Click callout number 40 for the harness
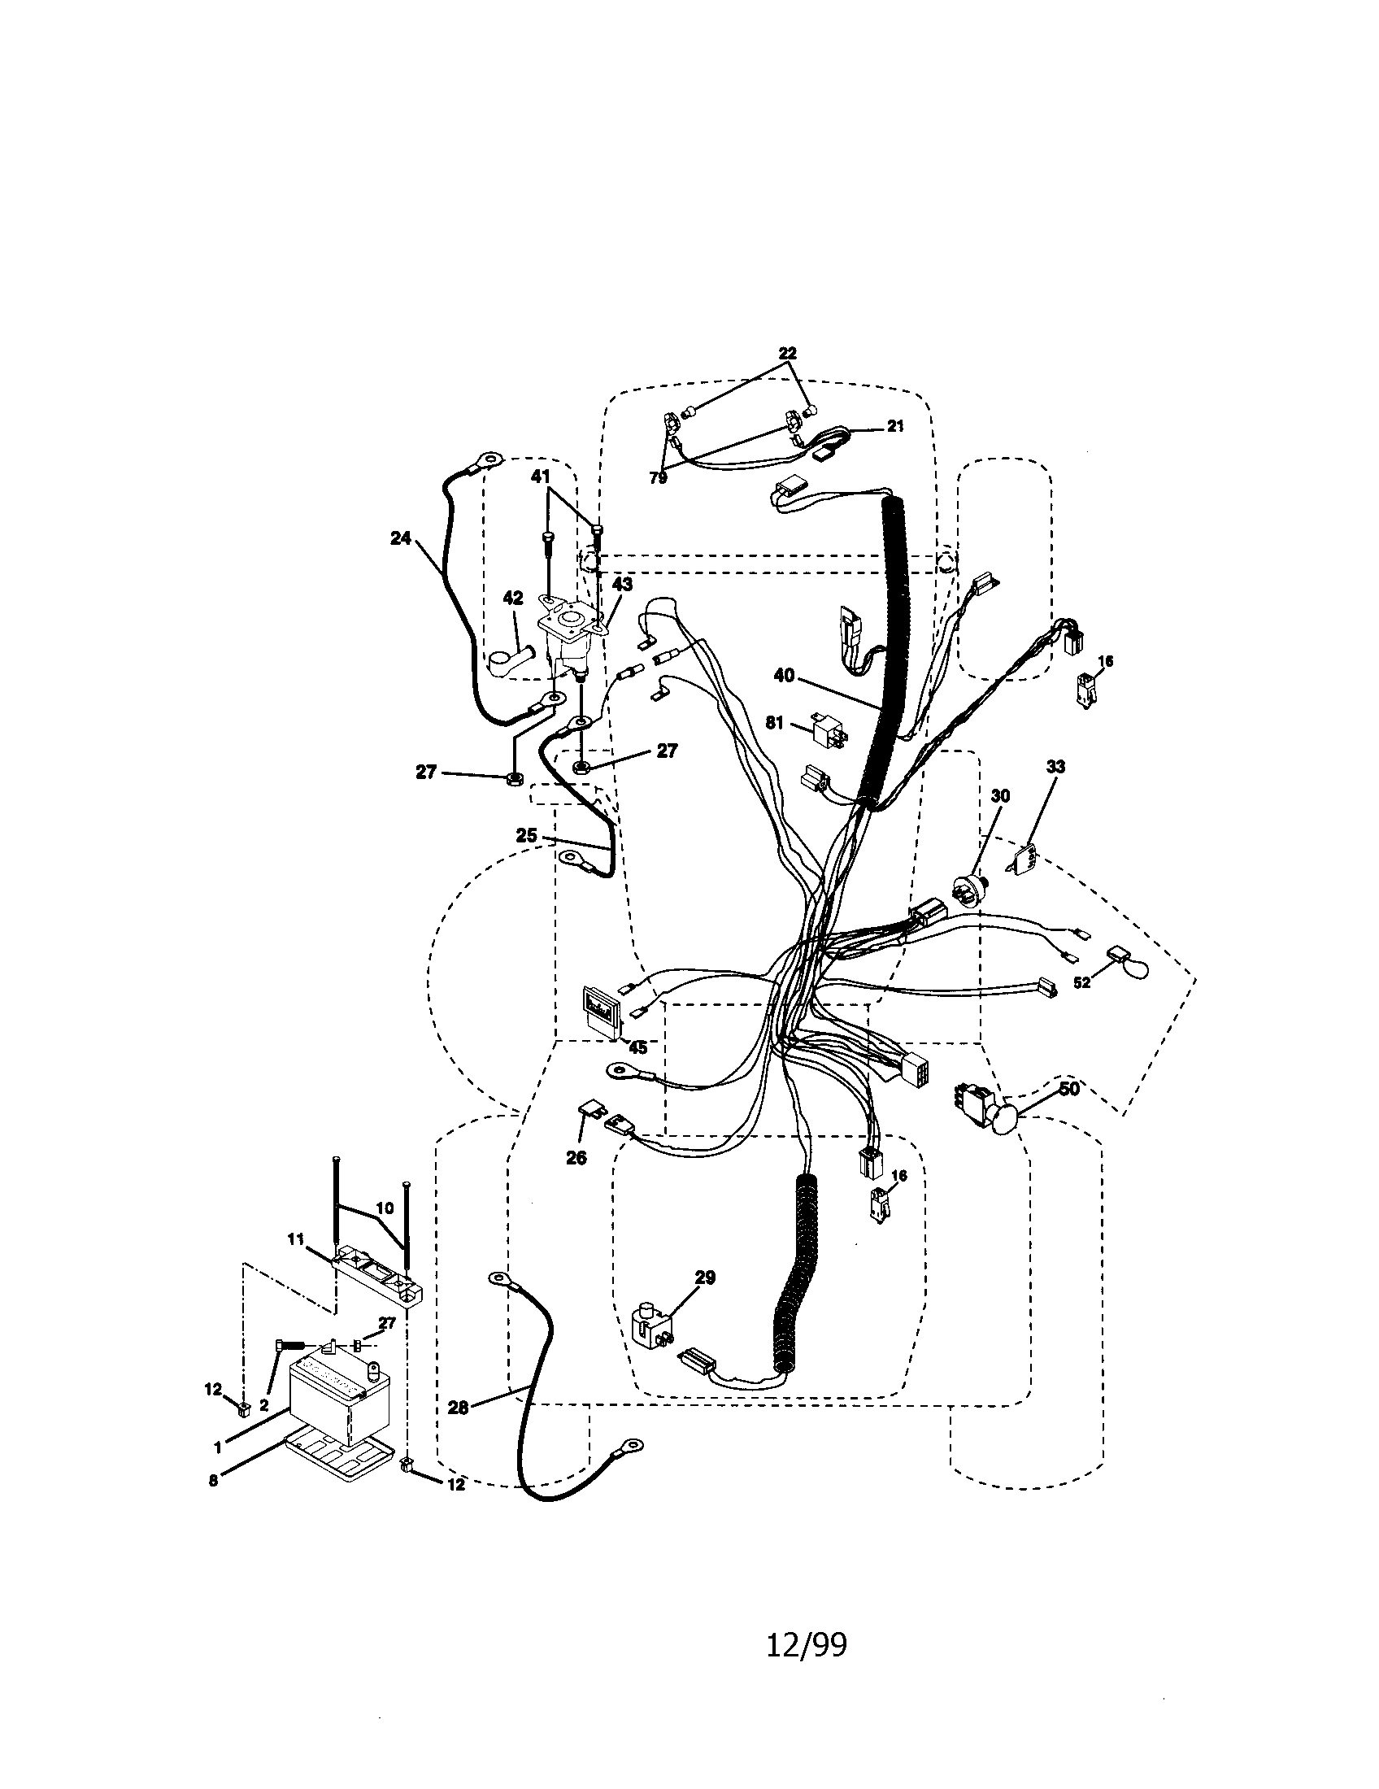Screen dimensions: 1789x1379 pyautogui.click(x=784, y=676)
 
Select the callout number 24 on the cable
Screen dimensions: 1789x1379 pyautogui.click(x=399, y=539)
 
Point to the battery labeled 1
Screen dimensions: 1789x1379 pyautogui.click(x=338, y=1403)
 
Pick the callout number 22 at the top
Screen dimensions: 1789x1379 pyautogui.click(x=787, y=353)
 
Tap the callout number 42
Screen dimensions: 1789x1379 pyautogui.click(x=512, y=599)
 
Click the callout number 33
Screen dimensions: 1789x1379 pyautogui.click(x=1055, y=767)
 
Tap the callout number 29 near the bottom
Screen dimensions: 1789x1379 pyautogui.click(x=705, y=1277)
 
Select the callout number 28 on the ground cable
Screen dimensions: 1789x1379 pyautogui.click(x=459, y=1408)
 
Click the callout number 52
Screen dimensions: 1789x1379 pyautogui.click(x=1081, y=982)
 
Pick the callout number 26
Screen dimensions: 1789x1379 pyautogui.click(x=576, y=1157)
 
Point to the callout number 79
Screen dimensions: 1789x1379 pyautogui.click(x=659, y=479)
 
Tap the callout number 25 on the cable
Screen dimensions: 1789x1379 pyautogui.click(x=527, y=835)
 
